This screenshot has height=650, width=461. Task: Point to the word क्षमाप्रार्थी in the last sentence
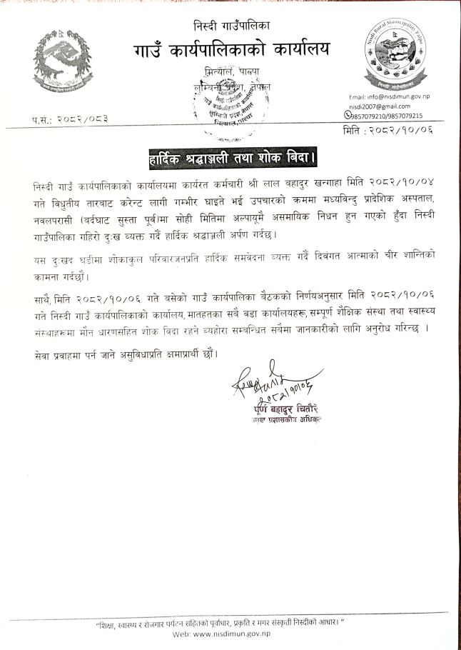tap(188, 354)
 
